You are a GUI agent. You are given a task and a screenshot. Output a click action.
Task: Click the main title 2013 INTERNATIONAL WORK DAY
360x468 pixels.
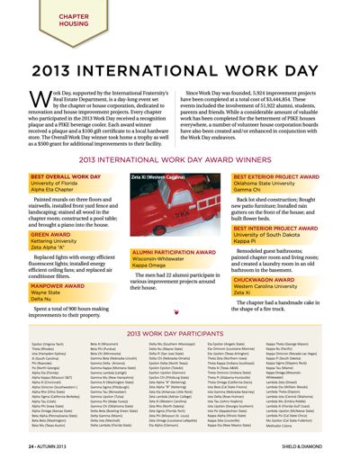pos(180,70)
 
